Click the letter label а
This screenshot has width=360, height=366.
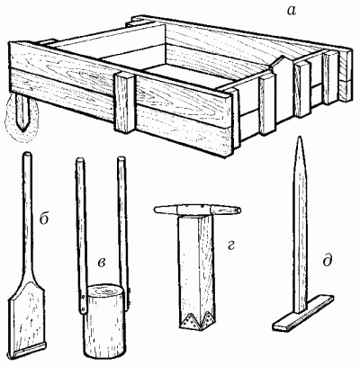coord(292,12)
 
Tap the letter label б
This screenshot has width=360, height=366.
coord(44,219)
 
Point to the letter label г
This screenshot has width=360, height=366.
coord(229,245)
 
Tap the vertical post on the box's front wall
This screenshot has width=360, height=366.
coord(124,103)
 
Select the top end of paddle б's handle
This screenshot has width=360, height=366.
coord(26,155)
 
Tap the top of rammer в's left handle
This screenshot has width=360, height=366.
coord(80,160)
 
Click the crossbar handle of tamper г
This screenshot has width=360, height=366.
coord(198,210)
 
